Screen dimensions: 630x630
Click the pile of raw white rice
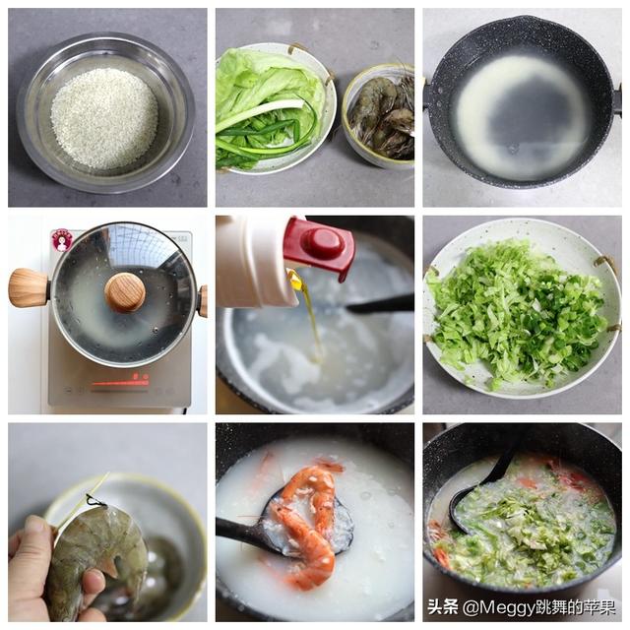103,116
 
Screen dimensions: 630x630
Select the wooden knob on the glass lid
125,292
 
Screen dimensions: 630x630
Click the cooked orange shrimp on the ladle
306,522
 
